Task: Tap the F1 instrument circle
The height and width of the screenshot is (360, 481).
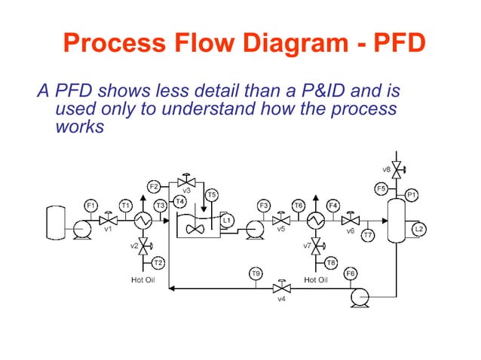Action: tap(90, 205)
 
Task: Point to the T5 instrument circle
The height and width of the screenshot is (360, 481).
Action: tap(212, 194)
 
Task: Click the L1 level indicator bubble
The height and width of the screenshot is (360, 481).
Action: tap(227, 220)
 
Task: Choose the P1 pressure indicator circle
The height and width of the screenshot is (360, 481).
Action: tap(412, 194)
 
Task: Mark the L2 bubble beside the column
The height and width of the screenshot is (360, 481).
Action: tap(420, 227)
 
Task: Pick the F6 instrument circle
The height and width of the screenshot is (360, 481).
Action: tap(350, 273)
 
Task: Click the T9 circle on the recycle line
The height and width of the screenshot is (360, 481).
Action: tap(256, 273)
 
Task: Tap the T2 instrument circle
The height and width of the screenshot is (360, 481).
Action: tap(158, 262)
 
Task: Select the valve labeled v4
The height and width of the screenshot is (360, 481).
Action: tap(282, 288)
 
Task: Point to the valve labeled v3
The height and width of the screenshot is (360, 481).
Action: tap(185, 182)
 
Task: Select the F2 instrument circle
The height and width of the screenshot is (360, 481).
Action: tap(154, 186)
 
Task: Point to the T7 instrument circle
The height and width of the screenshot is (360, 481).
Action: tap(368, 236)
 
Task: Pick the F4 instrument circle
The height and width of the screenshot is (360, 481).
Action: tap(333, 205)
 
